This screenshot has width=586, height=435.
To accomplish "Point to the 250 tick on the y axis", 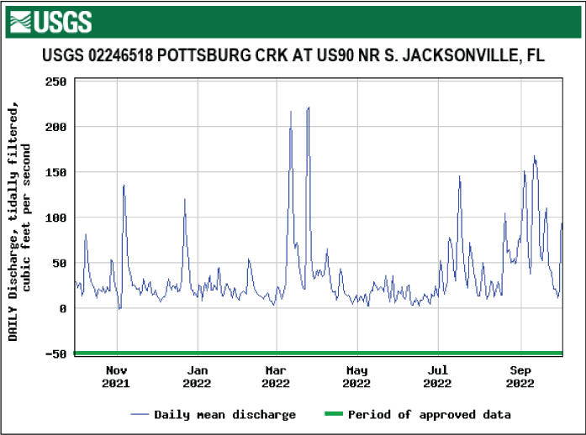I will (55, 81).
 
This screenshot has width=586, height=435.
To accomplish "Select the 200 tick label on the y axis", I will (55, 127).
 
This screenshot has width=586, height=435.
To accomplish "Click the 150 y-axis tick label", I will (55, 172).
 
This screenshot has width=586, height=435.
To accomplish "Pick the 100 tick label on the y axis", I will (55, 217).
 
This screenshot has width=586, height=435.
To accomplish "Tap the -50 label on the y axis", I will (55, 354).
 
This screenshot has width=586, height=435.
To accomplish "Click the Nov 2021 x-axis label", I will (116, 376).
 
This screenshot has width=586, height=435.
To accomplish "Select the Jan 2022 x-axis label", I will (197, 376).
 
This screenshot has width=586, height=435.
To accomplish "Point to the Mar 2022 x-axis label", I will (276, 376).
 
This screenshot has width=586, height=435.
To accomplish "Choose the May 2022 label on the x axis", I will (356, 376).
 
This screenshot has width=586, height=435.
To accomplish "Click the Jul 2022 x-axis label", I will (437, 376).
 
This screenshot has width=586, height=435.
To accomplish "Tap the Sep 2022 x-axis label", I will (520, 376).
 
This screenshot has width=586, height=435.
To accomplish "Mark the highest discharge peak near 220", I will (309, 108).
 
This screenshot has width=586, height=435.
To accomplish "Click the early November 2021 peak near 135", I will (124, 186).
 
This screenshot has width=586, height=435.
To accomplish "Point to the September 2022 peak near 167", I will (534, 156).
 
